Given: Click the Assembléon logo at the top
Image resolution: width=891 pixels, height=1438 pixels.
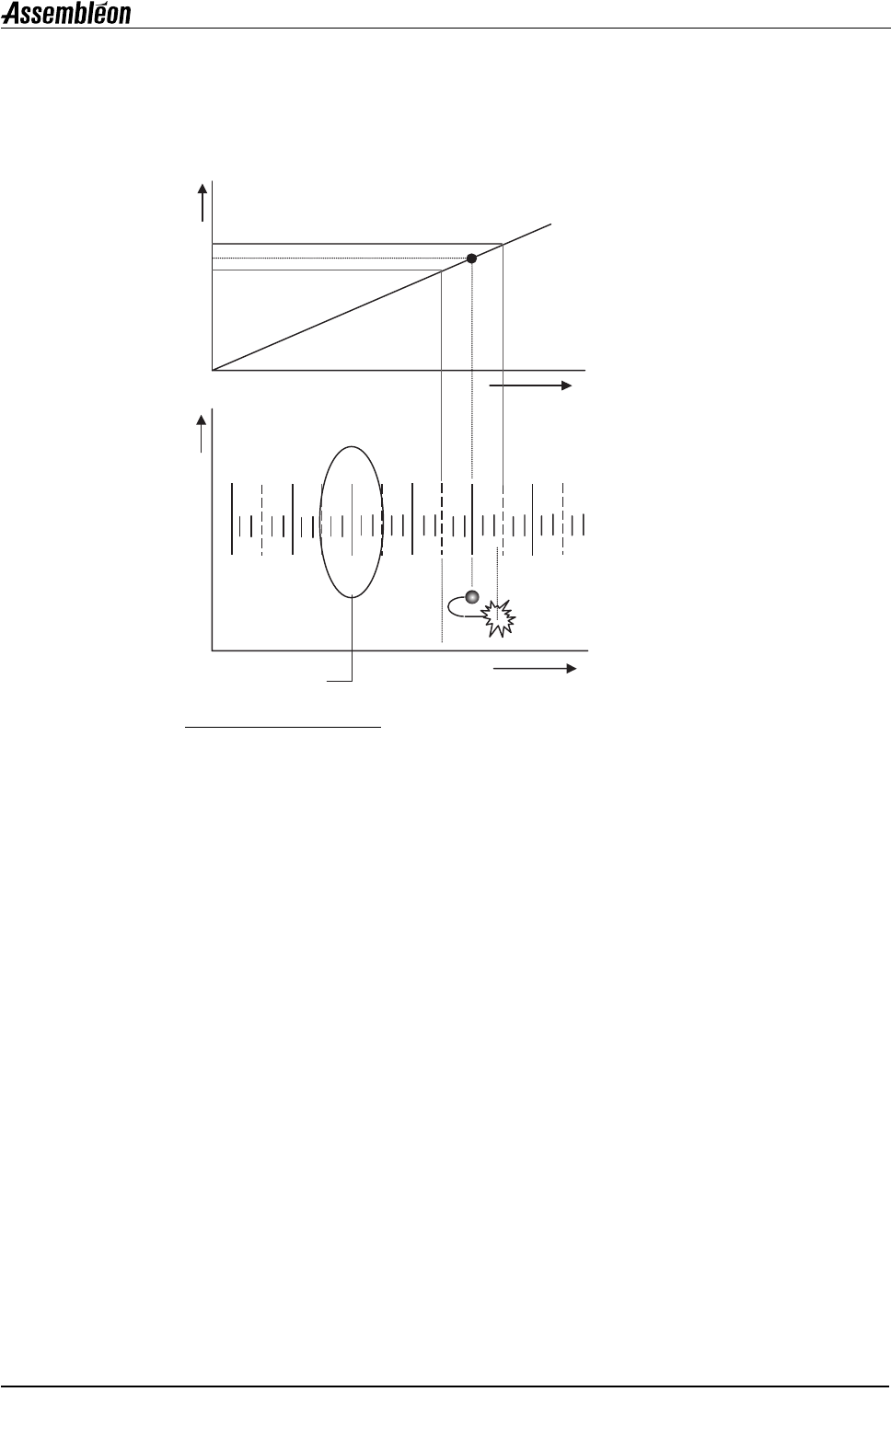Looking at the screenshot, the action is (66, 14).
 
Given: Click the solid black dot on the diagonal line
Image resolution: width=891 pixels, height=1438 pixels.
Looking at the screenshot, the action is (471, 259).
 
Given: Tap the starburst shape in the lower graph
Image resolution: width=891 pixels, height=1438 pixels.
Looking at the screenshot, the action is (499, 618).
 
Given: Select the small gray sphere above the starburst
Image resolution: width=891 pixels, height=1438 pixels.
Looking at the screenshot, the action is (472, 597).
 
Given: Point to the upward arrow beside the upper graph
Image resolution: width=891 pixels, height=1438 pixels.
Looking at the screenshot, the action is (202, 202).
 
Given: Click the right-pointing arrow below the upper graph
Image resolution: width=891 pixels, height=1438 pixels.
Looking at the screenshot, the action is (530, 385).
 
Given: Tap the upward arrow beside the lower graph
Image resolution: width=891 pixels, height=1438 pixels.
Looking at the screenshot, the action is (201, 433).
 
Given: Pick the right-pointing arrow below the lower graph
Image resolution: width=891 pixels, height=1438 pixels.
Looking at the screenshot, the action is (535, 668).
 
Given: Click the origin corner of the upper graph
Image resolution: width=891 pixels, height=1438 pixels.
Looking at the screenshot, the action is (212, 371).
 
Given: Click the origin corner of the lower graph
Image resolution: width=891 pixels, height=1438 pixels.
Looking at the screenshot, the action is (212, 651).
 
